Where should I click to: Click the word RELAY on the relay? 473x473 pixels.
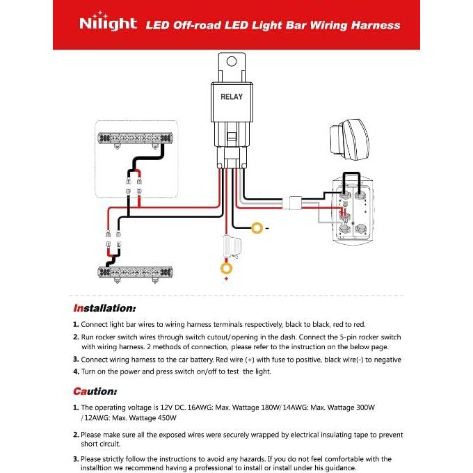(232, 97)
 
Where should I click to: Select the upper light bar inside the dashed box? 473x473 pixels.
(136, 138)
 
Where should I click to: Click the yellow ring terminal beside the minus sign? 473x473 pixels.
(257, 227)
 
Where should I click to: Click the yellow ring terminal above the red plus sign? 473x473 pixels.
(226, 267)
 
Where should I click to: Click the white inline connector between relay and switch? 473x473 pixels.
(295, 202)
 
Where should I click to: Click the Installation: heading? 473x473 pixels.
(104, 307)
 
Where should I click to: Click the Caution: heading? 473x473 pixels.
(95, 391)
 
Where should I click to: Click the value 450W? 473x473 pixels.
(166, 418)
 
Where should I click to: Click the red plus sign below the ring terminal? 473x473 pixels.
(226, 278)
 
